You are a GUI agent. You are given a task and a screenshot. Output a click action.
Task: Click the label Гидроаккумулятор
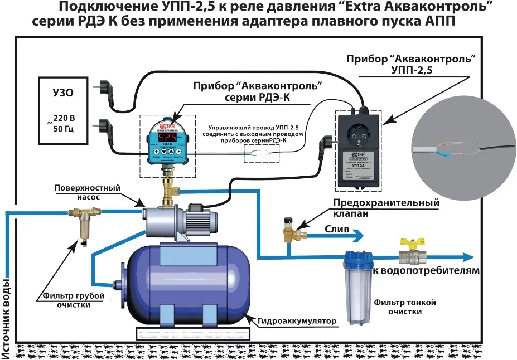pos(298,321)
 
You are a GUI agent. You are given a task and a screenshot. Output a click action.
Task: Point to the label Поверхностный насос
pos(87,192)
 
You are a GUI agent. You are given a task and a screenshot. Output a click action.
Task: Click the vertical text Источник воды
pos(7,309)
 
